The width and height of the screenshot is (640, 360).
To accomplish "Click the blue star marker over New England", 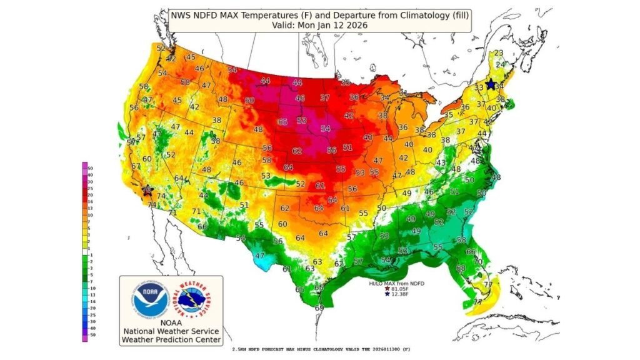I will pos(491,84).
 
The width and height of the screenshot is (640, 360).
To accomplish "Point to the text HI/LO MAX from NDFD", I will pos(396,283).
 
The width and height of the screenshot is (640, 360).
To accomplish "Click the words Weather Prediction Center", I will pos(171,339).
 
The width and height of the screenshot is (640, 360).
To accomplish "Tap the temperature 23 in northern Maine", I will pos(499,53).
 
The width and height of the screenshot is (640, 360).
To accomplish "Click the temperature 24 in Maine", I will pos(500,64).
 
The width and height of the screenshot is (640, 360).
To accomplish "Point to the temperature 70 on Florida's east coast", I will pos(477,261).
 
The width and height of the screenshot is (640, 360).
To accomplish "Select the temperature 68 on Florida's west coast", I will pos(461,268).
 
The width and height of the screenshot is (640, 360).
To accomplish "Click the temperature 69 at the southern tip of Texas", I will pos(319,307).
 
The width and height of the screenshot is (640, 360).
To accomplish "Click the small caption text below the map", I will pos(321,349).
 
